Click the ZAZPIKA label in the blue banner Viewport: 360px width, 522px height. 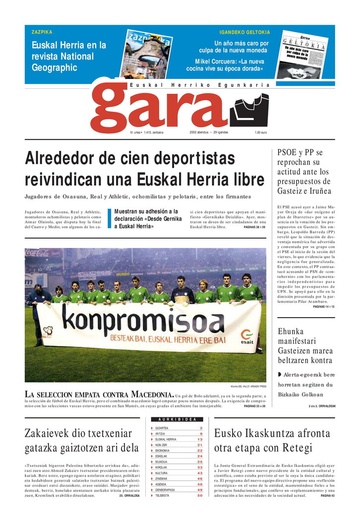click(x=42, y=32)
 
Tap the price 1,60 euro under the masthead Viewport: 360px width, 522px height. click(x=261, y=132)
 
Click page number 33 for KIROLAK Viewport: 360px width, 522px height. click(x=200, y=467)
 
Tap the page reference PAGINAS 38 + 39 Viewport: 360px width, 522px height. click(x=254, y=227)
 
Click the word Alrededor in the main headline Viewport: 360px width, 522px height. click(x=67, y=159)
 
